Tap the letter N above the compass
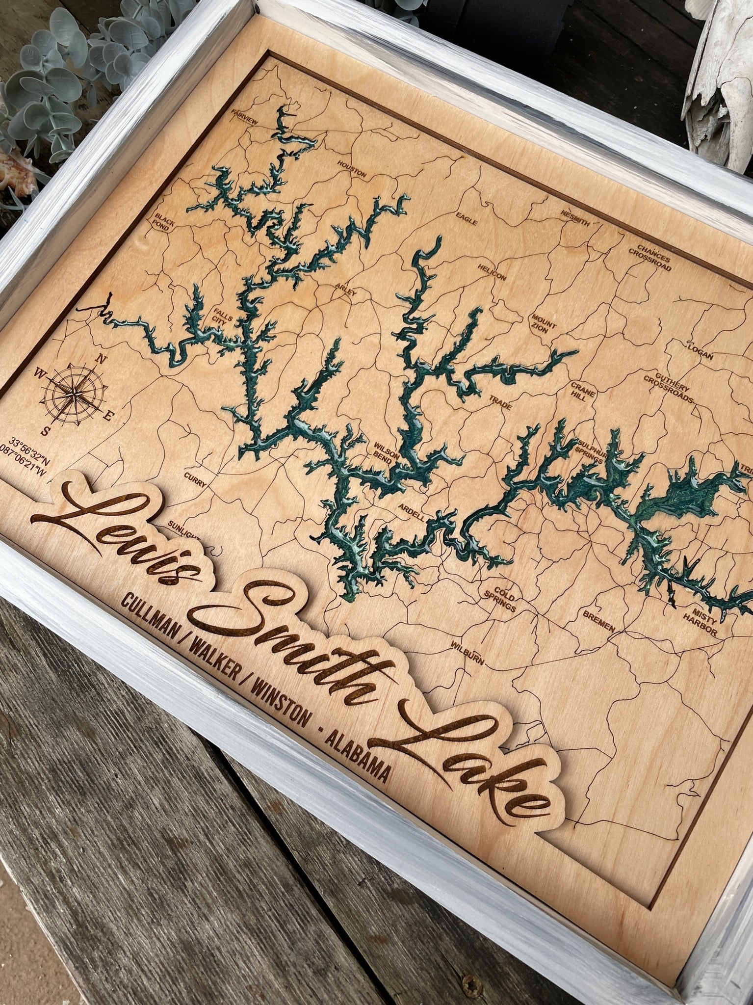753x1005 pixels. pos(102,359)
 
